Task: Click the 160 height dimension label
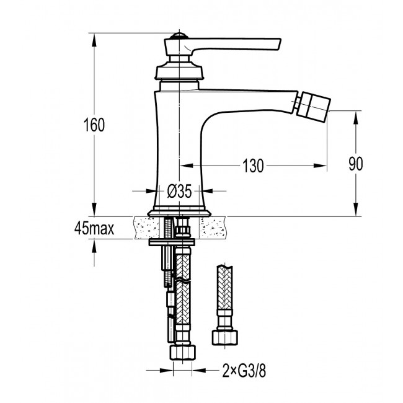[x=94, y=125]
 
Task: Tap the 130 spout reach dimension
[x=253, y=166]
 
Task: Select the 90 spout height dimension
[x=356, y=164]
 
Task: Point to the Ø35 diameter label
[x=179, y=191]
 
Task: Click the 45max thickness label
[x=94, y=228]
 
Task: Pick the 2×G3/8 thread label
[x=244, y=371]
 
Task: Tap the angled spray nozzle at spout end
[x=313, y=105]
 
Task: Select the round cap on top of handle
[x=179, y=36]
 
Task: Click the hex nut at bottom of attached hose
[x=182, y=352]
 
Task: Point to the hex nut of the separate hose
[x=225, y=338]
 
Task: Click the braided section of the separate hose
[x=225, y=287]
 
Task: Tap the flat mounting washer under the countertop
[x=172, y=242]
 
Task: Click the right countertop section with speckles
[x=214, y=228]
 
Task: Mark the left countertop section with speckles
[x=146, y=228]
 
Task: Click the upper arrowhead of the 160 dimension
[x=94, y=40]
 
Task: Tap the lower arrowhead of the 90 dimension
[x=356, y=210]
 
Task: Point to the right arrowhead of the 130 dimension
[x=320, y=166]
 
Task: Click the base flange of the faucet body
[x=179, y=213]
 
